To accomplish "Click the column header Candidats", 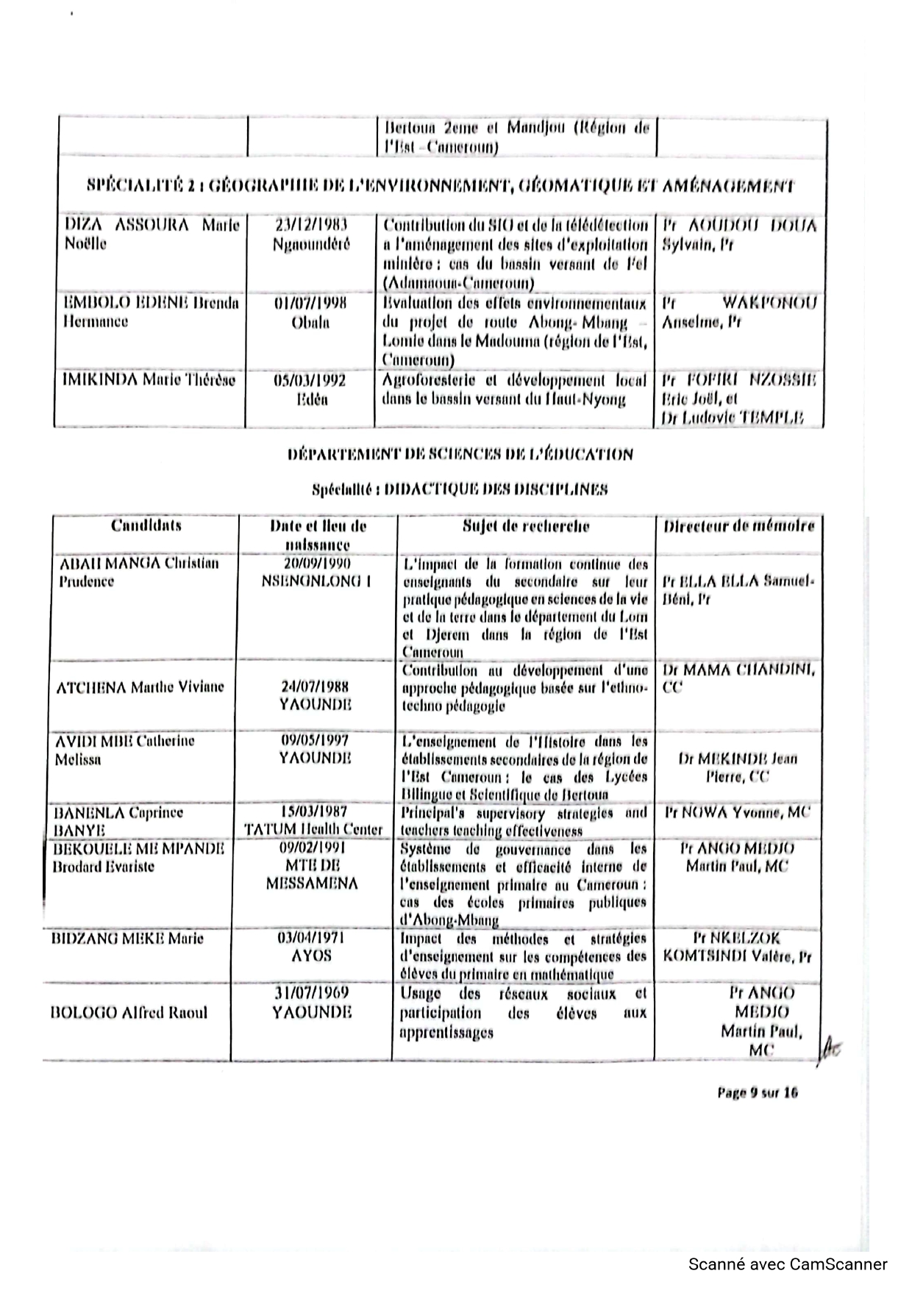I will [x=146, y=526].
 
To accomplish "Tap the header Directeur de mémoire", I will [x=739, y=526].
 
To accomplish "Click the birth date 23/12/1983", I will [x=310, y=224].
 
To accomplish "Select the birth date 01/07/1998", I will [x=310, y=303].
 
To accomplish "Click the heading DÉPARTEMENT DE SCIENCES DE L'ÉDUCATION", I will [x=460, y=454].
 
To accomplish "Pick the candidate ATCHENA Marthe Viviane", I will [x=140, y=687].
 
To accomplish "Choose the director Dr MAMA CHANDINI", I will [x=738, y=670].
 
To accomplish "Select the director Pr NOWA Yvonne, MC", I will [x=736, y=813].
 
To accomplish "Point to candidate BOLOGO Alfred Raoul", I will [x=129, y=1013].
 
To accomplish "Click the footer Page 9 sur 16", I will [x=757, y=1092].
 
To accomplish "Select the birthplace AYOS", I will [x=312, y=956].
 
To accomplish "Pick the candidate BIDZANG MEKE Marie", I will [x=127, y=939].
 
